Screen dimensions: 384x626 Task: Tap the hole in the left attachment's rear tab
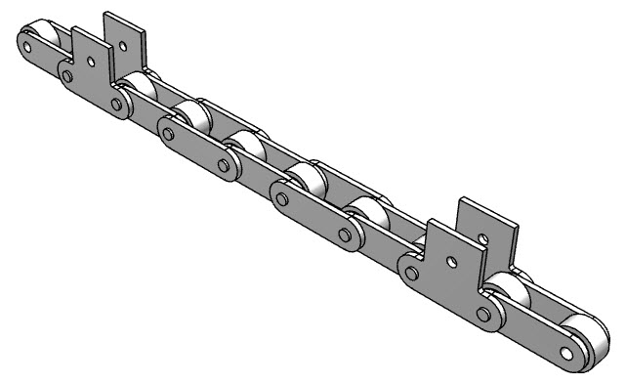[x=123, y=42]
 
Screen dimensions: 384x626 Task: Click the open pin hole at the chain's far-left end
[x=26, y=42]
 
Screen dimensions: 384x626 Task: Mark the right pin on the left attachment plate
[x=118, y=102]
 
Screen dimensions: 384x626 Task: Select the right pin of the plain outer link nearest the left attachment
[x=224, y=164]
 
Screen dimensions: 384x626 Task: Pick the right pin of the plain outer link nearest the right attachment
[x=344, y=234]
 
